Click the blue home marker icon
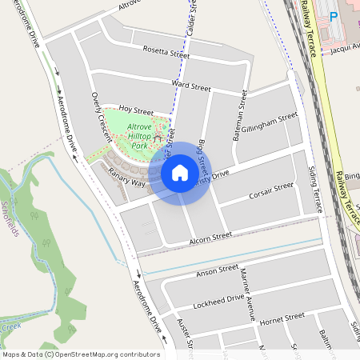pos(179,172)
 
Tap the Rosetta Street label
pos(166,54)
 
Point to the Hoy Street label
pos(135,110)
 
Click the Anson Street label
pos(217,272)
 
